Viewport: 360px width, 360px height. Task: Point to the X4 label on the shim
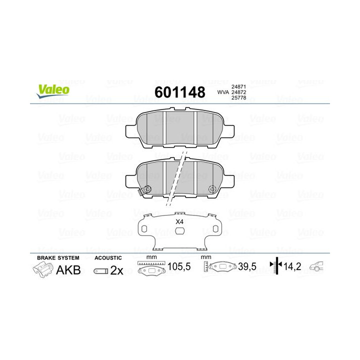pyautogui.click(x=179, y=221)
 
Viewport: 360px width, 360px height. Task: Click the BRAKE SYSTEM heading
pyautogui.click(x=58, y=257)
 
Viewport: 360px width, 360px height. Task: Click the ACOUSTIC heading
pyautogui.click(x=107, y=257)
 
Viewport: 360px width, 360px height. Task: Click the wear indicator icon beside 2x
pyautogui.click(x=100, y=270)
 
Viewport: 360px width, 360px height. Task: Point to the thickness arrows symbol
pyautogui.click(x=276, y=266)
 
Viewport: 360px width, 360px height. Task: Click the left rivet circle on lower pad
pyautogui.click(x=147, y=189)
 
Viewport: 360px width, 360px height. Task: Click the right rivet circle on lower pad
pyautogui.click(x=212, y=189)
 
